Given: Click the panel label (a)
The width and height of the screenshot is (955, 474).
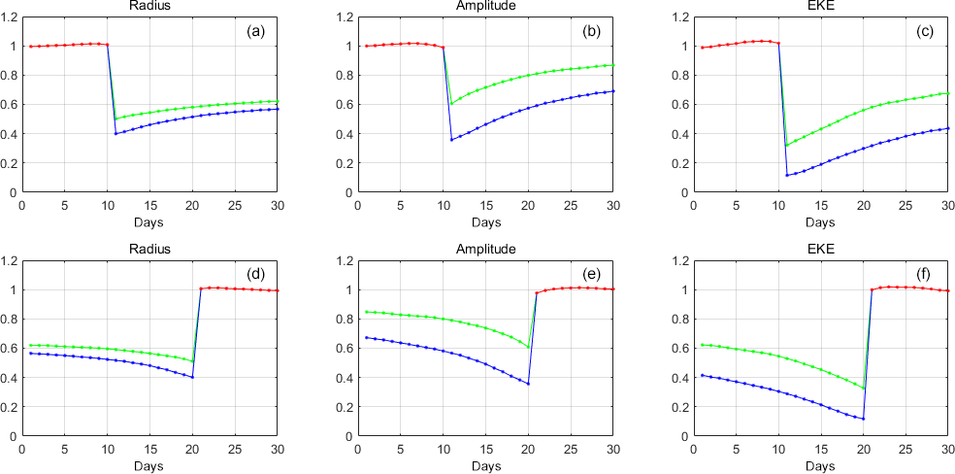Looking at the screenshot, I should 256,31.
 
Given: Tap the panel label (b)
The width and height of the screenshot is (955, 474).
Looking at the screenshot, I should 591,31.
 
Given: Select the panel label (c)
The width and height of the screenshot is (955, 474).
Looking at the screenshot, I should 926,31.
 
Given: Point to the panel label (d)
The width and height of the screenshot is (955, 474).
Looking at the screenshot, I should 256,275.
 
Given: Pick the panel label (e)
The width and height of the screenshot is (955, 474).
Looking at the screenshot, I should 591,275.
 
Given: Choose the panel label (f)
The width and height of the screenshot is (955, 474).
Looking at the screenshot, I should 926,275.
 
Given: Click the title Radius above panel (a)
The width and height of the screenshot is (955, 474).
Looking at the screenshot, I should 149,6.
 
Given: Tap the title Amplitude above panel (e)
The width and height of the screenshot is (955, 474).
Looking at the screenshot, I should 485,249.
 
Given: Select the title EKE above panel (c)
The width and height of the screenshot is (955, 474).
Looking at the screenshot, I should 820,6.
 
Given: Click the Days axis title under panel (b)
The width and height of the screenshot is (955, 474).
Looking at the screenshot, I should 485,220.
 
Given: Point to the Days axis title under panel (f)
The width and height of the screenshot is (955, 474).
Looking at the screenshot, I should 820,464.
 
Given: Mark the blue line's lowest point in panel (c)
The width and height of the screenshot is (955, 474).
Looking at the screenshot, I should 786,175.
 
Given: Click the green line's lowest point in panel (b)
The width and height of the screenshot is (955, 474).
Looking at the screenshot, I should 451,104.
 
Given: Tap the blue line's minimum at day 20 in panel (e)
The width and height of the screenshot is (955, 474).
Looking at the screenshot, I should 528,384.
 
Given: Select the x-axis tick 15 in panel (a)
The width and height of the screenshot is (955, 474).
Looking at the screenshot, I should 149,205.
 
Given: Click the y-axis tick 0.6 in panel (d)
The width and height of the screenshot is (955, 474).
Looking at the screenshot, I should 11,349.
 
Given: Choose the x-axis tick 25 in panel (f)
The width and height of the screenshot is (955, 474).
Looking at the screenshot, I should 905,449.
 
